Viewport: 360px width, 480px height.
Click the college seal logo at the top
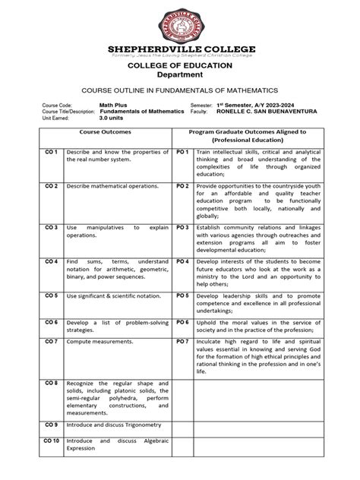179,23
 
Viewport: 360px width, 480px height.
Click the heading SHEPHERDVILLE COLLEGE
179,49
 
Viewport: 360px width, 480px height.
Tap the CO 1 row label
51,153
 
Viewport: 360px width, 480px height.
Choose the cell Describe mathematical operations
112,186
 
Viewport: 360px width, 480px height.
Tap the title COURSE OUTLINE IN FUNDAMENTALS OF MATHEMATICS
180,89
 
